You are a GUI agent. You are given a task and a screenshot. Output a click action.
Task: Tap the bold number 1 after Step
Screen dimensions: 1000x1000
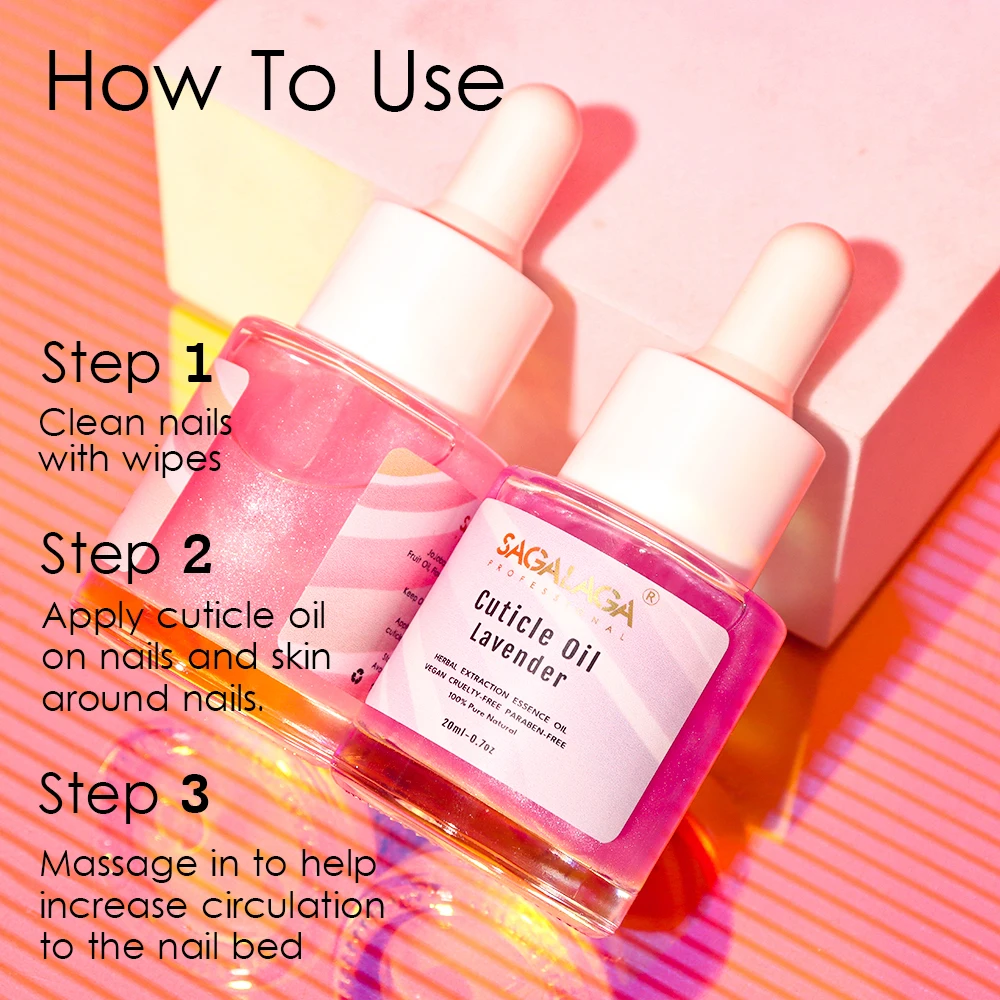(x=199, y=365)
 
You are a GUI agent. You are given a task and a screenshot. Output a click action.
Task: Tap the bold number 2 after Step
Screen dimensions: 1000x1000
(x=197, y=554)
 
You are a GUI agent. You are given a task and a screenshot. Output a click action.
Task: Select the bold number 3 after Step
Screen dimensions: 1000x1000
(x=194, y=795)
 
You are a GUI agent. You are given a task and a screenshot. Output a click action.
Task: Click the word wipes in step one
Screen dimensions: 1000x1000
(x=174, y=459)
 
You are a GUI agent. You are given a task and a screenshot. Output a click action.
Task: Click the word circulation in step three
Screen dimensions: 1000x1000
(x=294, y=905)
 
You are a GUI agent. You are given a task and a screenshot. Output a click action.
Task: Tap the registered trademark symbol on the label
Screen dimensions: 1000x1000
(x=651, y=596)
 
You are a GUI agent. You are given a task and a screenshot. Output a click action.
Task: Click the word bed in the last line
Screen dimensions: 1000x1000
(x=271, y=946)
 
